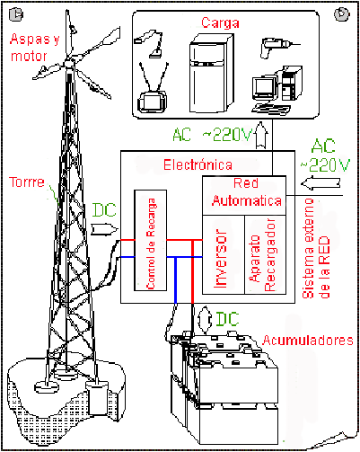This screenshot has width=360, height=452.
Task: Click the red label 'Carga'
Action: coord(220,22)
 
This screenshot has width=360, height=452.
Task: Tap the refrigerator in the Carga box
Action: coord(211,74)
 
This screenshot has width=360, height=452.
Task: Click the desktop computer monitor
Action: coord(264,87)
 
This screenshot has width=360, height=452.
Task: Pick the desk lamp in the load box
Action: coord(150,43)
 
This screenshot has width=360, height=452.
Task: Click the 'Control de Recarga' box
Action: coord(151,240)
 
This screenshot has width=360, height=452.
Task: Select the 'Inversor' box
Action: coord(224,254)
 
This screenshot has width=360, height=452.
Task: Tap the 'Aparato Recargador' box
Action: coord(266,254)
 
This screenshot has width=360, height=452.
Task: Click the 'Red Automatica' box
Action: coord(244,195)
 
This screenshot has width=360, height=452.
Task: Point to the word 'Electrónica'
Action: coord(198,165)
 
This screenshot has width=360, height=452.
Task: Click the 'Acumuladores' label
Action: coord(308,341)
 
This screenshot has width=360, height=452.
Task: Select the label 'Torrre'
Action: coord(27,182)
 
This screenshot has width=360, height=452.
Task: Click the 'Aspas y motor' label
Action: coord(35,48)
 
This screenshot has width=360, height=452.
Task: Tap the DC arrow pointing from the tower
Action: coord(104,229)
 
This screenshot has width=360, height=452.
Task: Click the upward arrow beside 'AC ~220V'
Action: coord(262,135)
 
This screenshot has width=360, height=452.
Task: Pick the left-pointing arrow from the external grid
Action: coord(320,183)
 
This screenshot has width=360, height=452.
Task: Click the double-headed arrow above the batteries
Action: coord(206,320)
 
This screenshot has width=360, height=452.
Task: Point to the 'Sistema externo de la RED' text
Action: coord(316,249)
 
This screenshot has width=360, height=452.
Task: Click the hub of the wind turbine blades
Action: coord(69,63)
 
